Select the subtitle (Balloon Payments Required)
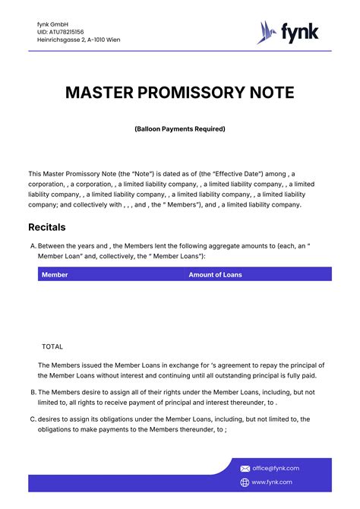point(180,129)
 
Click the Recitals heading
point(47,227)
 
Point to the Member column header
point(55,274)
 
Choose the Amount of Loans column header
point(215,274)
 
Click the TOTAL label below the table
point(52,346)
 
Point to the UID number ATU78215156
point(60,32)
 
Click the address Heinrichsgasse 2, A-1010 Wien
point(78,40)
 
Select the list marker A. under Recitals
point(33,246)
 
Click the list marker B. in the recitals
point(33,392)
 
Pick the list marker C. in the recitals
point(33,419)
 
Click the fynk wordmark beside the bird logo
point(300,32)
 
